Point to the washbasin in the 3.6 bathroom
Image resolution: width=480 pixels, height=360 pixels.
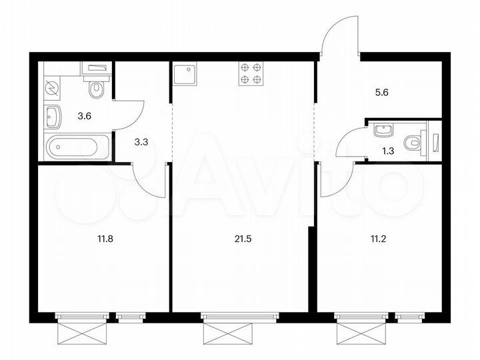[53, 117]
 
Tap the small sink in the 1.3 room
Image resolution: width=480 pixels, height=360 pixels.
[382, 128]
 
